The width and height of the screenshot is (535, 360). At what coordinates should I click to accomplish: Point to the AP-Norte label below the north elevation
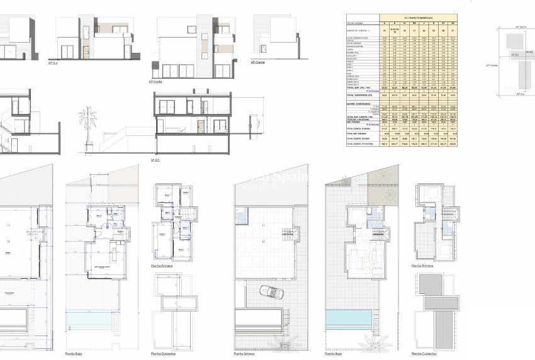(155, 81)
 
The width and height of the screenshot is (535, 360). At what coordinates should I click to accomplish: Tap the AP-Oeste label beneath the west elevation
(257, 62)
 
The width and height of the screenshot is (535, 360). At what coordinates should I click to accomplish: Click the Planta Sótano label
(245, 354)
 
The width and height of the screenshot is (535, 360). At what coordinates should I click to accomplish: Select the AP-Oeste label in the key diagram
(491, 65)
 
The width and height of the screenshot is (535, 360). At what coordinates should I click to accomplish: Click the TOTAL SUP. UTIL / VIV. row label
(361, 87)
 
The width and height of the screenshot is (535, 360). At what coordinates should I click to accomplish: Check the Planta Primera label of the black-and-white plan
(162, 266)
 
